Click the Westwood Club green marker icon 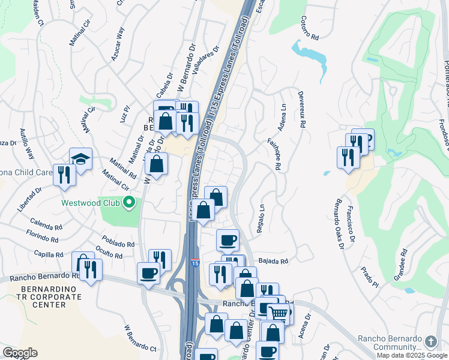coord(128,203)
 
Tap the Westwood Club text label coord(91,203)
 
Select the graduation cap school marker coord(80,158)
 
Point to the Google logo coord(20,353)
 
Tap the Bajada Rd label coord(274,261)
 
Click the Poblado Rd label coord(118,244)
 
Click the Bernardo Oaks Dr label coord(340,222)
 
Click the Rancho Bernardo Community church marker coord(430,341)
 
